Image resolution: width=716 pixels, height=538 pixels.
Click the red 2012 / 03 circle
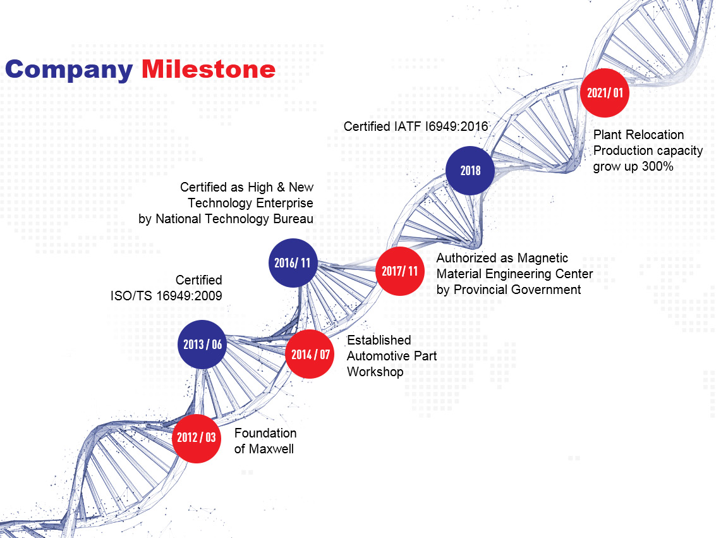point(197,439)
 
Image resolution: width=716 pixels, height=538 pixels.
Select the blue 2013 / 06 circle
point(202,345)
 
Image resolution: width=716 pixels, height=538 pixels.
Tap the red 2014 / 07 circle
point(310,354)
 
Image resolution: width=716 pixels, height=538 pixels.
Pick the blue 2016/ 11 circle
point(293,262)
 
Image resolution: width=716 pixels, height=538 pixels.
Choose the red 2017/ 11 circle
point(400,271)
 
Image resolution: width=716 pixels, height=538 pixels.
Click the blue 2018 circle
point(470,170)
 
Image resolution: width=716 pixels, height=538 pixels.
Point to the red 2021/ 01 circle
point(605,93)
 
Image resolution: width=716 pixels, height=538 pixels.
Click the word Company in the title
point(69,71)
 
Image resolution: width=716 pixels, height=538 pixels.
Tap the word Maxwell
point(272,449)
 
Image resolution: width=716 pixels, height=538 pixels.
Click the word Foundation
point(265,433)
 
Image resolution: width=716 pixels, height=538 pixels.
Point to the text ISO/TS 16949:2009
point(166,296)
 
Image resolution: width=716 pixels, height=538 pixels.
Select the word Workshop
point(375,372)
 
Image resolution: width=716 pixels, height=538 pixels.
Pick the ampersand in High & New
point(281,187)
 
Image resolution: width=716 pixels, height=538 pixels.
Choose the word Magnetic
point(542,258)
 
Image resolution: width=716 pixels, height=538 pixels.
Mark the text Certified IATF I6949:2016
point(416,126)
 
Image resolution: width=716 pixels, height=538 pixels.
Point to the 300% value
point(658,166)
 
